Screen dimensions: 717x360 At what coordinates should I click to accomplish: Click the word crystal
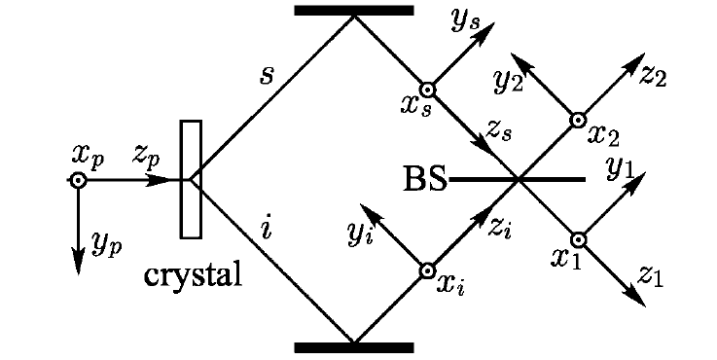pyautogui.click(x=193, y=275)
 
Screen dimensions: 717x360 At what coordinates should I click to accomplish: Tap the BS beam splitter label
pyautogui.click(x=425, y=179)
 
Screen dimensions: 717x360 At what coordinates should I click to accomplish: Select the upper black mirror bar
pyautogui.click(x=354, y=11)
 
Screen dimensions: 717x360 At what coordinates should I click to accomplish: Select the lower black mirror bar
pyautogui.click(x=354, y=347)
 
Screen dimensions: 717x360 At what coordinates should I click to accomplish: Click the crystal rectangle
pyautogui.click(x=191, y=179)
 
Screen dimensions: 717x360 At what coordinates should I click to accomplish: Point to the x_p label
pyautogui.click(x=89, y=157)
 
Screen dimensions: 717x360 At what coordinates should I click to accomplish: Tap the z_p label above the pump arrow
pyautogui.click(x=146, y=155)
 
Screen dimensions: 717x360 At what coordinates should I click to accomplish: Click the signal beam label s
pyautogui.click(x=267, y=76)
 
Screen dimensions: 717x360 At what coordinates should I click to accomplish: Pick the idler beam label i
pyautogui.click(x=267, y=229)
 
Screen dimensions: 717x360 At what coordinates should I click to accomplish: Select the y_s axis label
pyautogui.click(x=465, y=21)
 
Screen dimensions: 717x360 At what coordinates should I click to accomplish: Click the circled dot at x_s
pyautogui.click(x=427, y=90)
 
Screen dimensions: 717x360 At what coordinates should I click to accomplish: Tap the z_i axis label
pyautogui.click(x=499, y=228)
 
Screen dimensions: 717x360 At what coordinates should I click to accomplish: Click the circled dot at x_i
pyautogui.click(x=427, y=271)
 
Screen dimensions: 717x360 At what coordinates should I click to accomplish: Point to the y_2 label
pyautogui.click(x=508, y=83)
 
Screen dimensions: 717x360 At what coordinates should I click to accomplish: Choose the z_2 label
pyautogui.click(x=653, y=76)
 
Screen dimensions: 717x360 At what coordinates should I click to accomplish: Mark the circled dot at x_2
pyautogui.click(x=578, y=121)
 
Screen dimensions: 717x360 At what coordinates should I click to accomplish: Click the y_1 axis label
pyautogui.click(x=621, y=169)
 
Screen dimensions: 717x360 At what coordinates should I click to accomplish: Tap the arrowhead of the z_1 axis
pyautogui.click(x=637, y=299)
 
